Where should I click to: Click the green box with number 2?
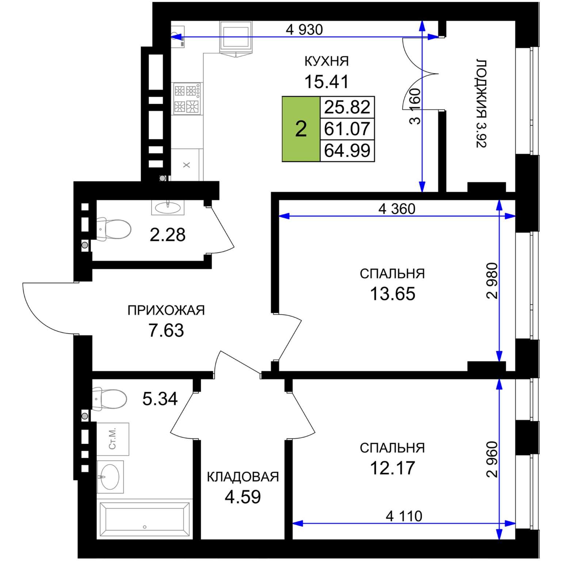(x=301, y=129)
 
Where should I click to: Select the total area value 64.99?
(x=347, y=150)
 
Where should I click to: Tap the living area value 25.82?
(x=347, y=107)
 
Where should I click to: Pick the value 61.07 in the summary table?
(x=347, y=129)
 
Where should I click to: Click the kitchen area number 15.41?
(x=327, y=81)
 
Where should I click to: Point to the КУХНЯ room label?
(x=327, y=61)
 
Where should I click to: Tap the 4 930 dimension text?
(x=304, y=30)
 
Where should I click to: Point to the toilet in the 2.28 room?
(x=113, y=229)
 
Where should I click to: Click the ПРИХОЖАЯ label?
(x=166, y=310)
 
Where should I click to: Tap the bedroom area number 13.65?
(x=393, y=293)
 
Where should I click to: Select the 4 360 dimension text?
(x=397, y=209)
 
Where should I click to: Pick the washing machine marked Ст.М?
(x=113, y=439)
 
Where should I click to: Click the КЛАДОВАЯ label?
(x=243, y=477)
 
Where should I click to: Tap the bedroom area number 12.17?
(x=393, y=468)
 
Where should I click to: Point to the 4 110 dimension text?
(x=404, y=516)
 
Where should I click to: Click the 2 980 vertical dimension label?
(x=492, y=281)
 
